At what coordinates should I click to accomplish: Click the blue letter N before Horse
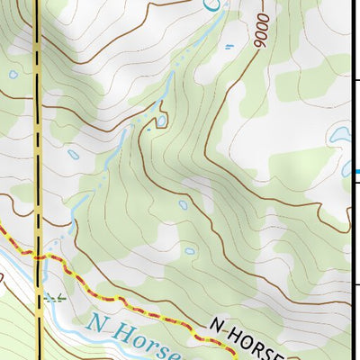point(97,320)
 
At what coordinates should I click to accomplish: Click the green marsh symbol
point(55,296)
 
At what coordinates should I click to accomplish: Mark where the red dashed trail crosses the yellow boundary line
point(40,256)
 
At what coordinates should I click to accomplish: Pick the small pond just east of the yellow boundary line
point(73,154)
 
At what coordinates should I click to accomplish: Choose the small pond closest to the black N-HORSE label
point(188,249)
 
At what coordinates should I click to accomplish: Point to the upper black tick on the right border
point(354,81)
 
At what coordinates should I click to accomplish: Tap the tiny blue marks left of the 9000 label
point(228,46)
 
